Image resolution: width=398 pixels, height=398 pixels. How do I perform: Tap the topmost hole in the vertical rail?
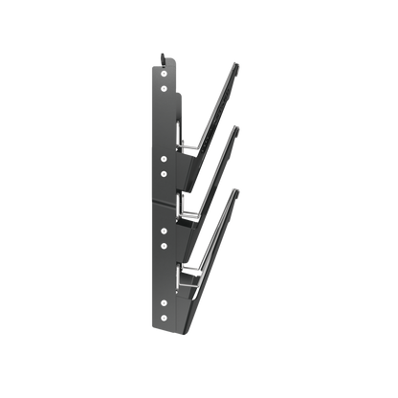pos(165,158)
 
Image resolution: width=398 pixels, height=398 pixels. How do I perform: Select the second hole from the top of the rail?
pos(165,173)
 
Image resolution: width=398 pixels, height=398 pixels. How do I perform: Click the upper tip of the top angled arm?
pos(237,65)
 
